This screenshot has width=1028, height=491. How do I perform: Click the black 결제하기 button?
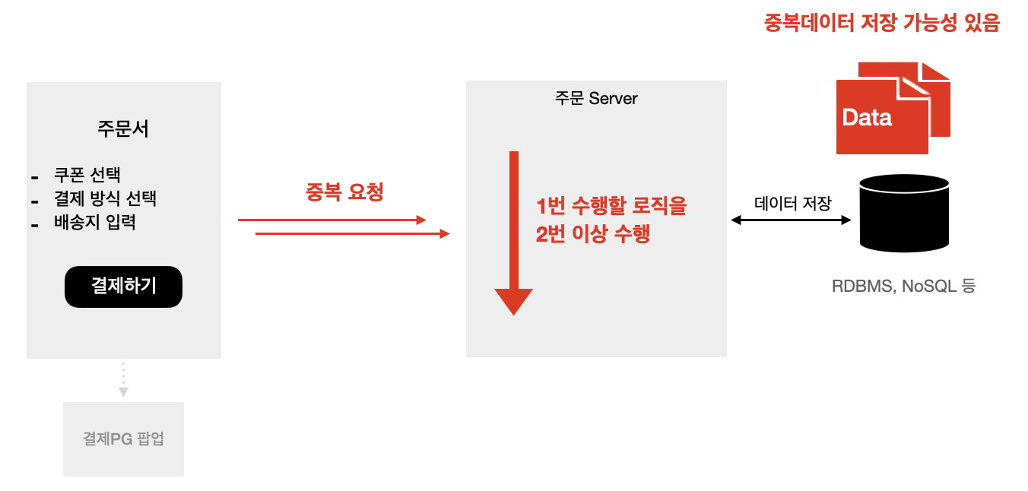(123, 287)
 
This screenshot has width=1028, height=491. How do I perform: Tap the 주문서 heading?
(123, 128)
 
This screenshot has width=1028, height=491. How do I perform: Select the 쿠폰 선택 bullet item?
(87, 175)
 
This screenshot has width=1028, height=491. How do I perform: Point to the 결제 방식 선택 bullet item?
(105, 199)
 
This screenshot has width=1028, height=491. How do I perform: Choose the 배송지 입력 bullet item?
(95, 223)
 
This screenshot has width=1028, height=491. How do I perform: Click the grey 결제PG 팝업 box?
(123, 439)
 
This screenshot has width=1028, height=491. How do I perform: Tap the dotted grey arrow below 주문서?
(123, 379)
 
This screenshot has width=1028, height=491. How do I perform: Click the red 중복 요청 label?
(344, 192)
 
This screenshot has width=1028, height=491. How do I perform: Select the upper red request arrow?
(332, 220)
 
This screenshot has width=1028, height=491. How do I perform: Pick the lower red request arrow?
(353, 233)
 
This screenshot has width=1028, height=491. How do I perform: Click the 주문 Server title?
(596, 99)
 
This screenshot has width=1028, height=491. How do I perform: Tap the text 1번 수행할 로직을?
(611, 206)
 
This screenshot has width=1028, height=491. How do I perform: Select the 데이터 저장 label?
(793, 203)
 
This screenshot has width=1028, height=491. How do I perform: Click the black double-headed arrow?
(791, 220)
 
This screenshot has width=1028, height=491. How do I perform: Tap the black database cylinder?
(903, 213)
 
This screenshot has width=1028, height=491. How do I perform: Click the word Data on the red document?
(867, 118)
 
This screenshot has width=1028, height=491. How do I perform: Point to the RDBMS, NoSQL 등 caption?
(903, 287)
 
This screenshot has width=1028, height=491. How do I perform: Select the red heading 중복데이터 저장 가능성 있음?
(881, 24)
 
